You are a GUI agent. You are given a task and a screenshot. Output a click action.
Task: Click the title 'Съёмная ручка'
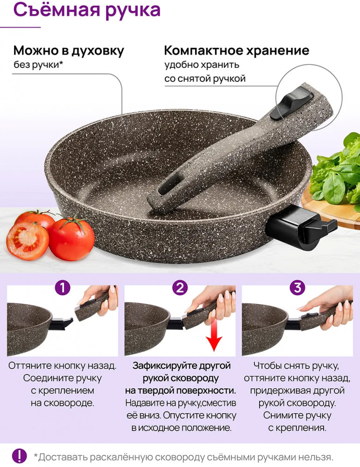[87, 10]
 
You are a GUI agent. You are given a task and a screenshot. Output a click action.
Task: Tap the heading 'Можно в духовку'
[69, 51]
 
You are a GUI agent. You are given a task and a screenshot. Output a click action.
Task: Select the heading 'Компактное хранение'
[237, 50]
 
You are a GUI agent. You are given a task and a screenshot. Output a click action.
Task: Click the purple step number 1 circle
[63, 288]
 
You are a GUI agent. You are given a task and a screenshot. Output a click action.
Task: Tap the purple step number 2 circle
[180, 288]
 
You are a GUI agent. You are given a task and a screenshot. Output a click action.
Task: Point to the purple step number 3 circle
[297, 288]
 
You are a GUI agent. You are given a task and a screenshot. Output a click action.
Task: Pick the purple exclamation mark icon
[19, 456]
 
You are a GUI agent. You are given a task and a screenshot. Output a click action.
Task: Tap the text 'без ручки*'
[38, 64]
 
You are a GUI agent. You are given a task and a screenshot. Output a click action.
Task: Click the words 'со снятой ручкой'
[205, 78]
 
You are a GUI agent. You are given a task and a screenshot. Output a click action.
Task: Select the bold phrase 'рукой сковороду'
[181, 378]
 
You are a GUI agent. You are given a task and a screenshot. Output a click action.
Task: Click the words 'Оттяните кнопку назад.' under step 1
[62, 366]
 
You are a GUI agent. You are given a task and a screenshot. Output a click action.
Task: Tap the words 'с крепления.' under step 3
[297, 428]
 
